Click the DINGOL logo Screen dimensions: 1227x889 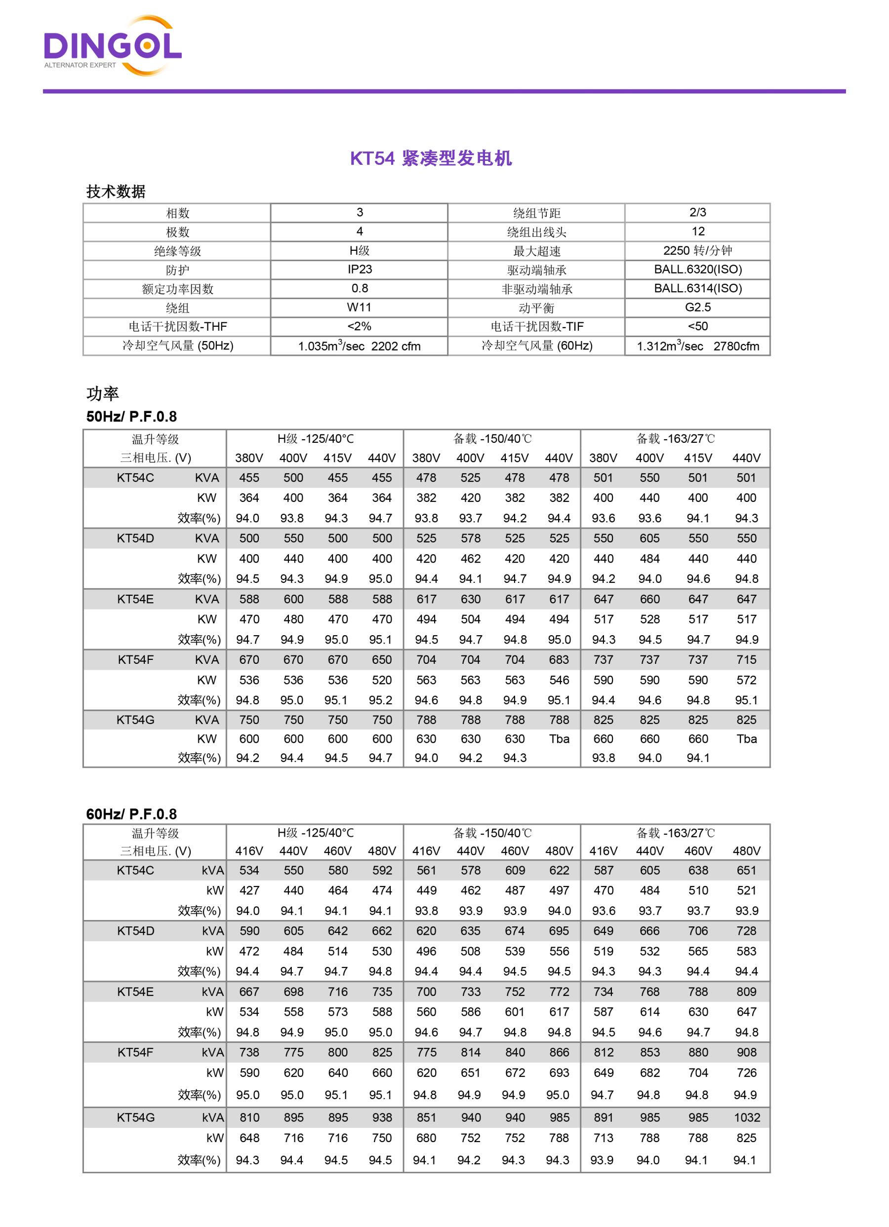113,46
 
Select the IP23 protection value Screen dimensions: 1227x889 360,269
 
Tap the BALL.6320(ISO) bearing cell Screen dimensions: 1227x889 697,269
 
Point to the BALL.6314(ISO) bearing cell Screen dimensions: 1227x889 697,288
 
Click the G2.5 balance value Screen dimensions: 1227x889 697,307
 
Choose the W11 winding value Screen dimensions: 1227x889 360,307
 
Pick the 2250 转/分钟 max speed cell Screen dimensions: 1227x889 697,251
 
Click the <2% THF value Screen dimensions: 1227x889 360,326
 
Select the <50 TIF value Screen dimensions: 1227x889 697,326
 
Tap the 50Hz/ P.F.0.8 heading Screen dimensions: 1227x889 131,417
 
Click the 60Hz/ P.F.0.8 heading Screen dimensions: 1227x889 131,814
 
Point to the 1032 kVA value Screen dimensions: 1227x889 747,1118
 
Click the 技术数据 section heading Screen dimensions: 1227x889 116,192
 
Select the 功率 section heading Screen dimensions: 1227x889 103,394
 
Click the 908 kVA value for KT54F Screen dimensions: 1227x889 747,1052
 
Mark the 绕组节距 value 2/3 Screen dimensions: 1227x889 697,213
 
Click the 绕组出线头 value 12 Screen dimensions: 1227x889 697,231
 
